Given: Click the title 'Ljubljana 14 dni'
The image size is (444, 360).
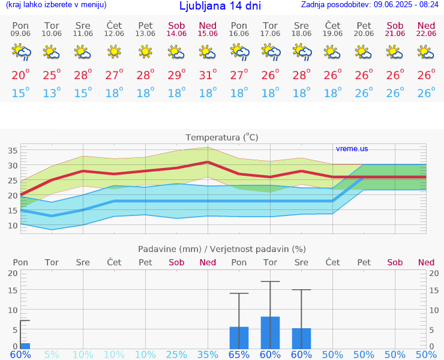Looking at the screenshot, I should click(x=220, y=6).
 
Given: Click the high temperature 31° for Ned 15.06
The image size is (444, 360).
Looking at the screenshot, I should click(x=208, y=75).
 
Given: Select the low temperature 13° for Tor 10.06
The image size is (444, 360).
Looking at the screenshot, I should click(x=52, y=93).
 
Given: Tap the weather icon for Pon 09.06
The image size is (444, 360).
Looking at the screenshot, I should click(x=20, y=53).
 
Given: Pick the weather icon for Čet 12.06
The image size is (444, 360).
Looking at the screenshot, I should click(x=114, y=53).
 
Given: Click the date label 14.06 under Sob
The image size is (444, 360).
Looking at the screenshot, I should click(x=176, y=34).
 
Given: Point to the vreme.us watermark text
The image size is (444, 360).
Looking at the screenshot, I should click(x=352, y=149).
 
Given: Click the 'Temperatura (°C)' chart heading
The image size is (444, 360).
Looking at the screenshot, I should click(x=222, y=137).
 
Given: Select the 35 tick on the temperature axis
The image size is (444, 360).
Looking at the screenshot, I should click(x=13, y=151).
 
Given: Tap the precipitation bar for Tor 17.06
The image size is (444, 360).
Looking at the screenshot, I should click(x=270, y=332).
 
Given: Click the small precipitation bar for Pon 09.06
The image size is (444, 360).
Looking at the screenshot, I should click(x=25, y=346).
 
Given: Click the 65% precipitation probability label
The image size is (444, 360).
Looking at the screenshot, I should click(x=239, y=355).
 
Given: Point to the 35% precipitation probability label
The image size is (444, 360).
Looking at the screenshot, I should click(x=208, y=355).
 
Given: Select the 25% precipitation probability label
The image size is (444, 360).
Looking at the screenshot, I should click(x=176, y=355).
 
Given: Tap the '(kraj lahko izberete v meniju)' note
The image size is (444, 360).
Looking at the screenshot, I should click(x=56, y=5).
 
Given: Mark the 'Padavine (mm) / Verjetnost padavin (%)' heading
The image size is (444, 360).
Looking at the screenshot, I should click(x=222, y=249).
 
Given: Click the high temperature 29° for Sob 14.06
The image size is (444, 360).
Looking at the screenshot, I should click(x=176, y=75).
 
